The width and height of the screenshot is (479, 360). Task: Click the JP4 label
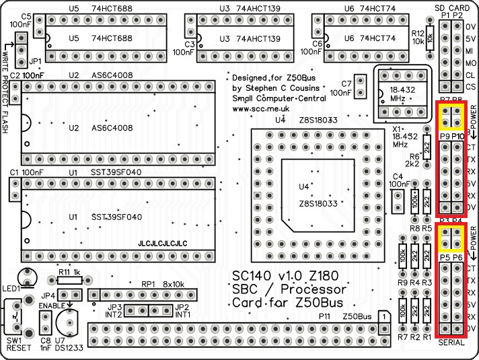click(x=48, y=295)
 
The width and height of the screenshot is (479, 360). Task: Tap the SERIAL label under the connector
click(x=451, y=343)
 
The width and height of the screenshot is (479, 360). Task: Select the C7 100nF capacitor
click(x=361, y=86)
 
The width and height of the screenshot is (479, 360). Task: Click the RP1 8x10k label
click(x=161, y=284)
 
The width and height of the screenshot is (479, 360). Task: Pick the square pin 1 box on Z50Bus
click(x=383, y=315)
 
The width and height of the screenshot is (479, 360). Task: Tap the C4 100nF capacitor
click(x=398, y=199)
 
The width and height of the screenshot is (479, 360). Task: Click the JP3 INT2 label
click(x=113, y=311)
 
